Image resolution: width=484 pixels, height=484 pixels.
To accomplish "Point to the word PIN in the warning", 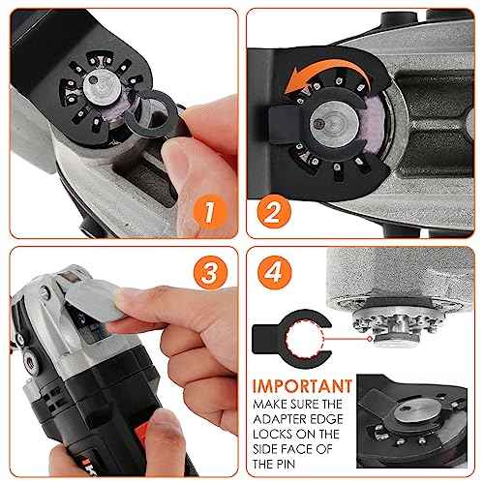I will pos(273,463).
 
